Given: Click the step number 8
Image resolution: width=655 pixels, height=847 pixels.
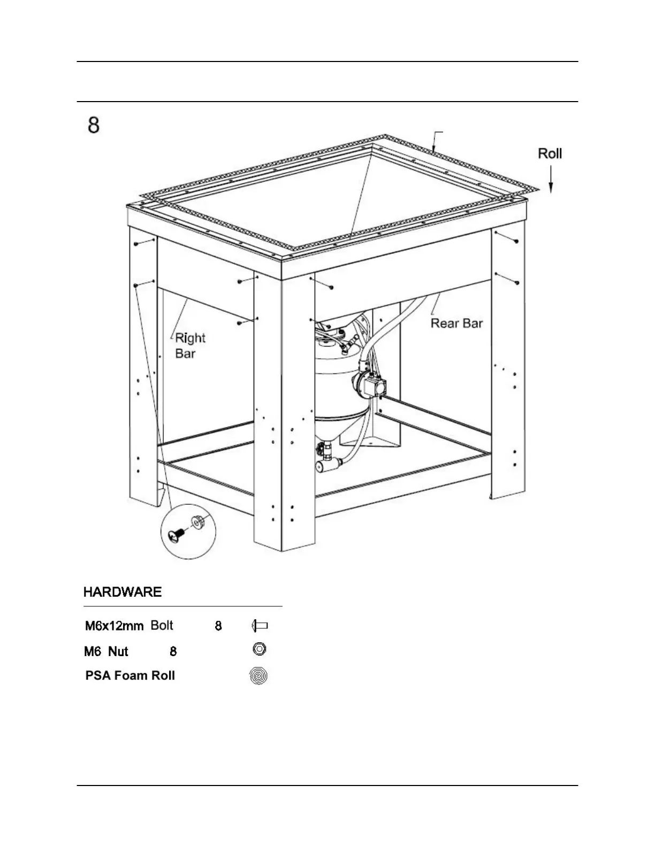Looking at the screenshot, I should click(x=94, y=126).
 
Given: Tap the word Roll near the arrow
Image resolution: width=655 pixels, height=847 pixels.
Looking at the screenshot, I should click(x=550, y=153).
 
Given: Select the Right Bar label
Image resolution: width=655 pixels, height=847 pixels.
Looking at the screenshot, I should click(x=189, y=345).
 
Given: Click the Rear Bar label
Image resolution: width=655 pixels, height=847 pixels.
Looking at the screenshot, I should click(x=456, y=323).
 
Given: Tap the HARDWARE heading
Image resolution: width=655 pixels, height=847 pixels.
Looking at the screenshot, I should click(x=122, y=592).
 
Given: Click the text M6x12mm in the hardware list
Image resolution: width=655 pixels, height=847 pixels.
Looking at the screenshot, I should click(x=114, y=626).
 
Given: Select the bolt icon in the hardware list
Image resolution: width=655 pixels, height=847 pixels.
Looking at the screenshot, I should click(x=259, y=625).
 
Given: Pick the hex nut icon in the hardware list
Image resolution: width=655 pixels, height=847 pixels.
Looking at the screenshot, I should click(x=259, y=649).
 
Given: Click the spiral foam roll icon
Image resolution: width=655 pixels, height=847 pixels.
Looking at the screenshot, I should click(x=258, y=676).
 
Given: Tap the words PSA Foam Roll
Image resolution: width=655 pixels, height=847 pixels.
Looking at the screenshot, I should click(x=130, y=675).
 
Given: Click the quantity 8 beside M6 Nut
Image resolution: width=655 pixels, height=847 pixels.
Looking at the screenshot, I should click(x=173, y=651).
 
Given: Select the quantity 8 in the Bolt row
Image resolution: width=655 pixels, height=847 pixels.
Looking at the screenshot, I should click(x=218, y=626).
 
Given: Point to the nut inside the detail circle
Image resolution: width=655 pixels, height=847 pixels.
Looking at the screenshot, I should click(x=197, y=521).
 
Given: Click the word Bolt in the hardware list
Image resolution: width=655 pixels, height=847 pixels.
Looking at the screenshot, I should click(x=162, y=625).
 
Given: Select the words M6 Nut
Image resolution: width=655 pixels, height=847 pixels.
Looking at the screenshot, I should click(x=106, y=651).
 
